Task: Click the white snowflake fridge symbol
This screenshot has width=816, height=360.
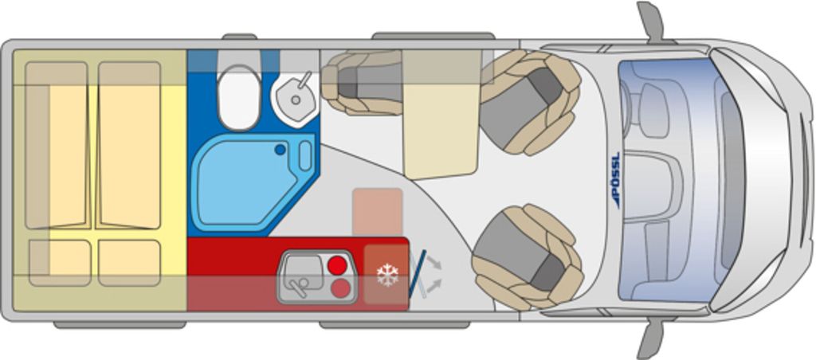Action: (x=387, y=275)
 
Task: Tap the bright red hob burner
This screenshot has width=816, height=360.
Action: (x=337, y=265)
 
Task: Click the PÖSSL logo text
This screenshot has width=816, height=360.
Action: (x=616, y=180)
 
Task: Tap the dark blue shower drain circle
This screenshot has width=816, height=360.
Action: (x=280, y=150)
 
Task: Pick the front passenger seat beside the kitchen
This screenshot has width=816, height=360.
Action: (x=527, y=257)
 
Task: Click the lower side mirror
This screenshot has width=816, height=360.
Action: (x=650, y=339)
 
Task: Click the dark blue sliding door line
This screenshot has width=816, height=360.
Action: (x=417, y=274)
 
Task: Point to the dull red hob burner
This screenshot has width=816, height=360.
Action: (x=340, y=288)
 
